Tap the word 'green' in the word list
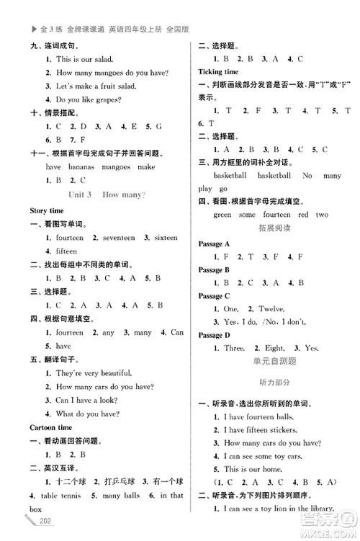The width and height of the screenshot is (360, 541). pyautogui.click(x=222, y=215)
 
